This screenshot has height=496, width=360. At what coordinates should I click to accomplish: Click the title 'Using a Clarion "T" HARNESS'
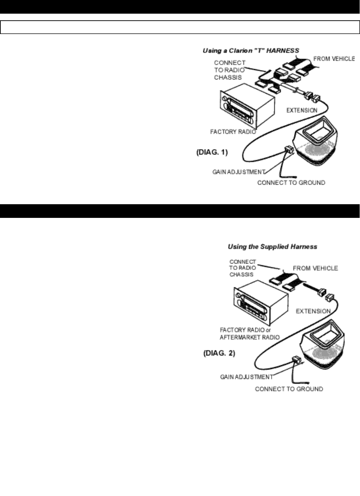tap(251, 51)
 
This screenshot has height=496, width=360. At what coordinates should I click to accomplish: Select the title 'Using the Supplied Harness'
tap(272, 247)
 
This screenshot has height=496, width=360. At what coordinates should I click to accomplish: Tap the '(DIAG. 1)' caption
tap(212, 152)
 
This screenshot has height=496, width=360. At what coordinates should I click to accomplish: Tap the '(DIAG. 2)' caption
tap(219, 353)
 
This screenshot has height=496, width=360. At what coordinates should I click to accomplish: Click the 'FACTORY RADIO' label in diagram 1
tap(233, 132)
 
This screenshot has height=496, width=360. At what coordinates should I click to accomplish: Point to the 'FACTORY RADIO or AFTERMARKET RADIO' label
tap(250, 333)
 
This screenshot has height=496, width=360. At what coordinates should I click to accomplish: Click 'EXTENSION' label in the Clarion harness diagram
tap(302, 110)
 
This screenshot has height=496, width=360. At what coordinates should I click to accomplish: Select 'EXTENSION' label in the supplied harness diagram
tap(313, 311)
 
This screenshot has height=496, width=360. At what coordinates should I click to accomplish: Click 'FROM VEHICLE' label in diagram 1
tap(334, 59)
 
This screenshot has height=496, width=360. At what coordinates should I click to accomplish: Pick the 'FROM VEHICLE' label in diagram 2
tap(315, 268)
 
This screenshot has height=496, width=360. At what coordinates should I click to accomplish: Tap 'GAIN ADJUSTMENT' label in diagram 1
tap(239, 172)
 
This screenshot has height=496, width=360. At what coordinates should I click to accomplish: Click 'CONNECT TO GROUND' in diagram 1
tap(291, 182)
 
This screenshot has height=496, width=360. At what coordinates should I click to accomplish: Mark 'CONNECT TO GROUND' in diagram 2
tap(289, 389)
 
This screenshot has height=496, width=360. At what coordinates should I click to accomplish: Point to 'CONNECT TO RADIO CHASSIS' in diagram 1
tap(230, 70)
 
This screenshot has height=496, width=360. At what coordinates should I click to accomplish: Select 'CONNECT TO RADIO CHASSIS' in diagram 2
tap(243, 268)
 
